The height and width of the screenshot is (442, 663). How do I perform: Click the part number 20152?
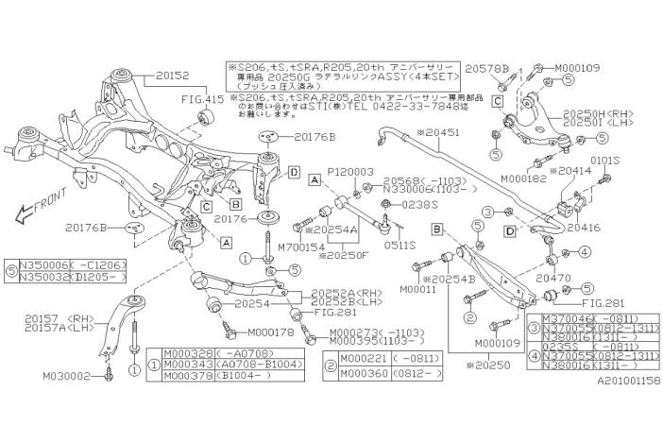click(173, 73)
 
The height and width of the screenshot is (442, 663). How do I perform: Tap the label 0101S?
click(604, 161)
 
